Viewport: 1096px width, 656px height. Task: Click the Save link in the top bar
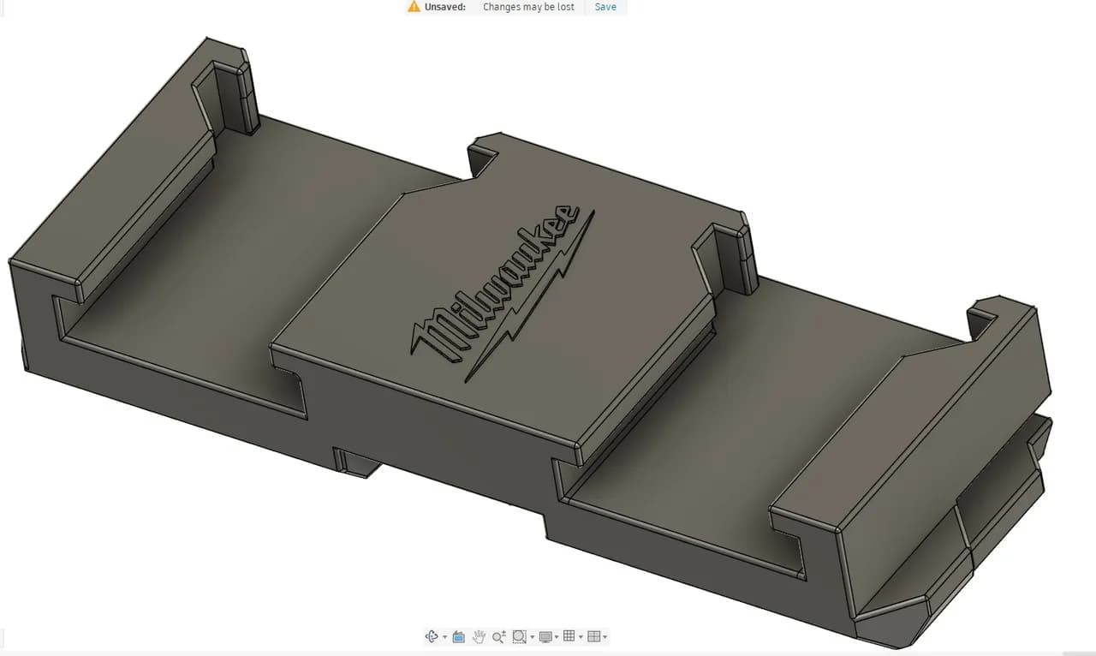pyautogui.click(x=605, y=7)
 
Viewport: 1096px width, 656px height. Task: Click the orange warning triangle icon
pyautogui.click(x=414, y=7)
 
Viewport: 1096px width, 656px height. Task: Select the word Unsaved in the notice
pyautogui.click(x=445, y=7)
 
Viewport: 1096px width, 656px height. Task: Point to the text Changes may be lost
pyautogui.click(x=528, y=7)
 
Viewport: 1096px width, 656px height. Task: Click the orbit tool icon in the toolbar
pyautogui.click(x=432, y=636)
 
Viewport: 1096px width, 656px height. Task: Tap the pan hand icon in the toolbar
pyautogui.click(x=479, y=636)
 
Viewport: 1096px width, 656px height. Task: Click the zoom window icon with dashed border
pyautogui.click(x=519, y=636)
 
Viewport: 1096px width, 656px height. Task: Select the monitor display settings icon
pyautogui.click(x=545, y=636)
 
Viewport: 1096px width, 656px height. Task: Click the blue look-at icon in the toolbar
pyautogui.click(x=458, y=636)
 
